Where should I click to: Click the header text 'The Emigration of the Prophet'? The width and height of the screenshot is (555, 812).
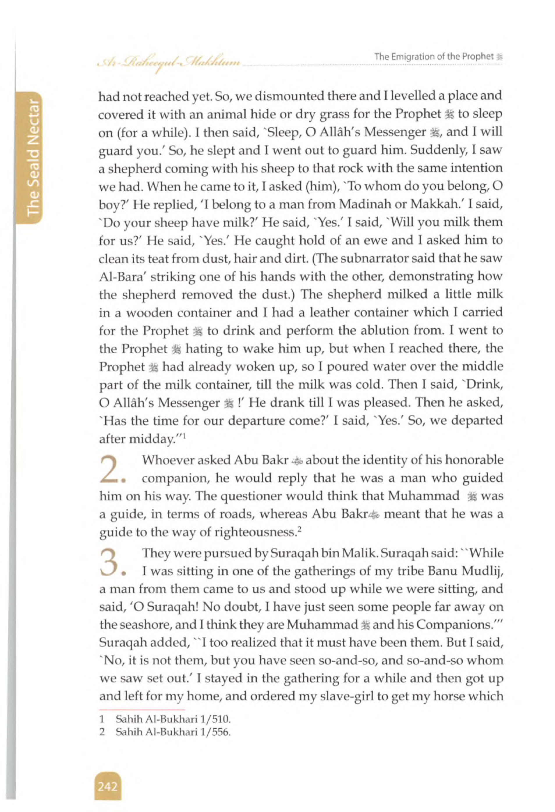click(434, 57)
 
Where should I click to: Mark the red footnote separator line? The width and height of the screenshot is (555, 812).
click(142, 710)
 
